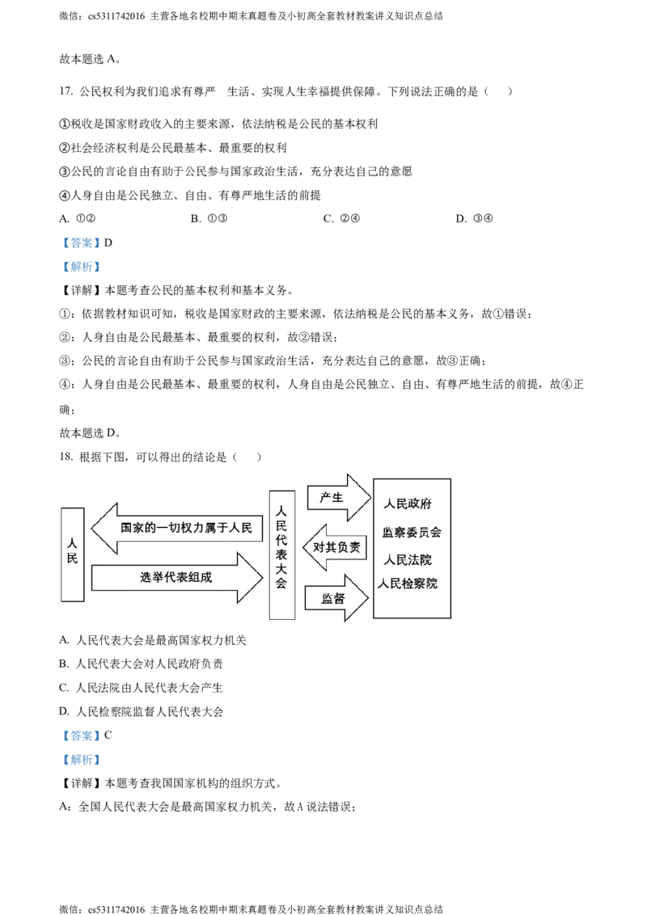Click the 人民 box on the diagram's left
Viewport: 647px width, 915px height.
[73, 554]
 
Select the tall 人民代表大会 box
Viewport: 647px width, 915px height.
[281, 554]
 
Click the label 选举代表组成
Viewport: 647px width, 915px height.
[176, 578]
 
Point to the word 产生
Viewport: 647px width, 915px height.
[332, 497]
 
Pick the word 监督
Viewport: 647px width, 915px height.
[333, 599]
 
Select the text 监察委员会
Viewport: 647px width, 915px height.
[412, 533]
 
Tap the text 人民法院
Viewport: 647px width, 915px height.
[408, 559]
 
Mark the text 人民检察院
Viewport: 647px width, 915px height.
[408, 584]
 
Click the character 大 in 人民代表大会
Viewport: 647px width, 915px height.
[281, 571]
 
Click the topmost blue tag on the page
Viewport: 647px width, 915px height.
[81, 242]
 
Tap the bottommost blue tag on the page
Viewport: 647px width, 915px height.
[81, 760]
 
